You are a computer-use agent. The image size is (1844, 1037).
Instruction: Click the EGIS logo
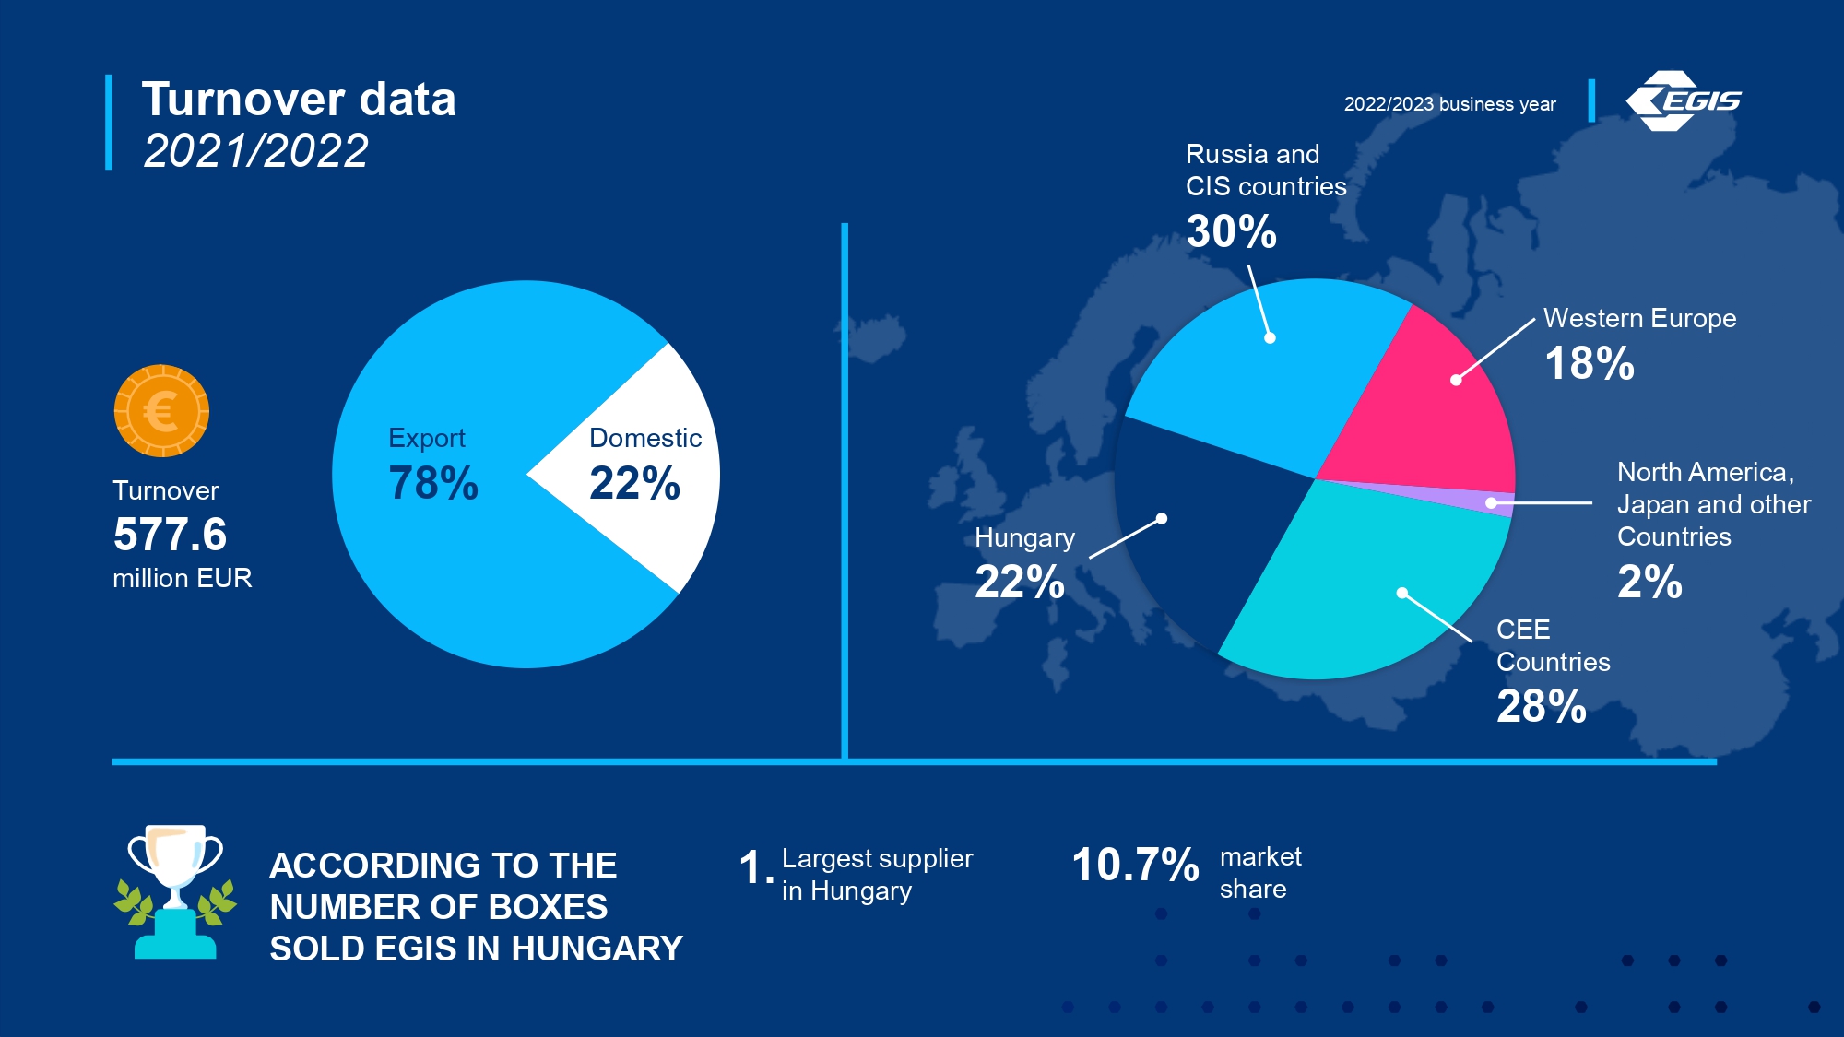point(1683,100)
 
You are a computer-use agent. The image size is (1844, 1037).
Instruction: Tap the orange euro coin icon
point(161,411)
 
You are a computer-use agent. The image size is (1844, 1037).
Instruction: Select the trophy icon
point(175,892)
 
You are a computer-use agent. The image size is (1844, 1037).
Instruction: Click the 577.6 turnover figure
point(171,534)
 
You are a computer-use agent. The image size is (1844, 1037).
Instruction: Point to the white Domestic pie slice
point(636,470)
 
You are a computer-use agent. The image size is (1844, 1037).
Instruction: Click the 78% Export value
point(433,483)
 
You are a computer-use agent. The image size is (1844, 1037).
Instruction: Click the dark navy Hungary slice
point(1199,516)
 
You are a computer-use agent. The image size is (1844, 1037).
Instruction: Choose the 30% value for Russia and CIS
point(1232,231)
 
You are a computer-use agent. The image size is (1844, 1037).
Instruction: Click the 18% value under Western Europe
point(1590,363)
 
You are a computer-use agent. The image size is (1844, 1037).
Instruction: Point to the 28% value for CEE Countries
point(1542,706)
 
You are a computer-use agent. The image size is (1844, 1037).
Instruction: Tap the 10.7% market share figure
point(1135,865)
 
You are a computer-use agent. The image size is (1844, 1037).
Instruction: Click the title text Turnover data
point(299,99)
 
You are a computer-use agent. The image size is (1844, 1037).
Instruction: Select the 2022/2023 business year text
point(1449,104)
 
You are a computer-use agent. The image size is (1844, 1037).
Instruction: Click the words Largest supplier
point(878,858)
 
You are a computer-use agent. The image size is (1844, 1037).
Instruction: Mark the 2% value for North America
point(1649,582)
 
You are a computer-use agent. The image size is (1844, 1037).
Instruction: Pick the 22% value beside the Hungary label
point(1020,582)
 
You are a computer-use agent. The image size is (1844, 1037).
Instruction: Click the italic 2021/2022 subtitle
point(255,150)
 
